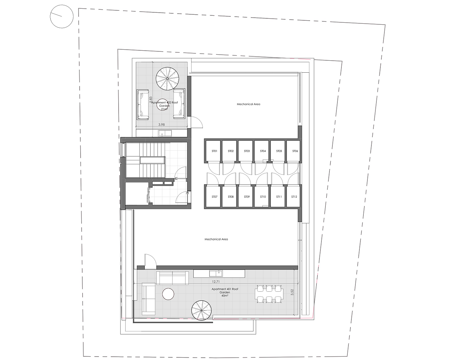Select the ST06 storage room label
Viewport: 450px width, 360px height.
pos(295,151)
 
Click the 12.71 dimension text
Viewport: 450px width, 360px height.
pos(216,282)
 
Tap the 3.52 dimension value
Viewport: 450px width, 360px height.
pos(292,292)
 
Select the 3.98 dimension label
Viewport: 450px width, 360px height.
pos(162,125)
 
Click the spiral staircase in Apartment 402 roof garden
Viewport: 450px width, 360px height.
pos(168,79)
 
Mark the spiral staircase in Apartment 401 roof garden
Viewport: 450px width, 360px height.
pos(202,310)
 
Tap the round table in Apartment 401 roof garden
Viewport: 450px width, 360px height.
pos(168,294)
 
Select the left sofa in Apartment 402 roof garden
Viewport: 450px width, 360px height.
pos(143,105)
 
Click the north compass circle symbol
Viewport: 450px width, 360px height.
pos(62,16)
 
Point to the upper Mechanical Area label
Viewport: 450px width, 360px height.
pos(248,104)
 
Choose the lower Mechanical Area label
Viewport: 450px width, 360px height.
pos(216,239)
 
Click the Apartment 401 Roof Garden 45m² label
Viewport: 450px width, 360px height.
pos(225,292)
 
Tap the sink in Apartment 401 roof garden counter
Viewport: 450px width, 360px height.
pos(216,273)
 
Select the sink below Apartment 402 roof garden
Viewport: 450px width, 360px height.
pos(165,133)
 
